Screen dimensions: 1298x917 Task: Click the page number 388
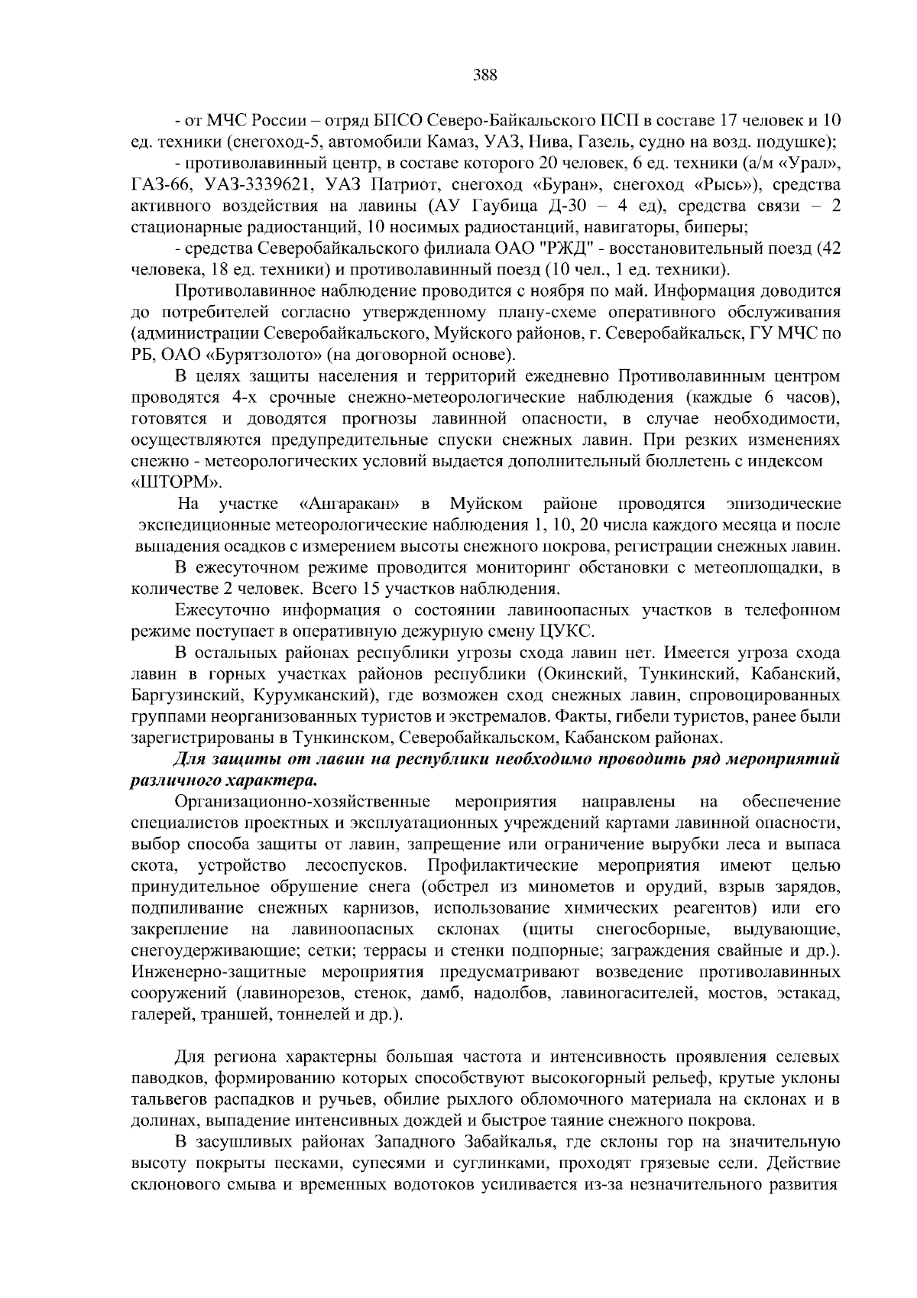pyautogui.click(x=485, y=75)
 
